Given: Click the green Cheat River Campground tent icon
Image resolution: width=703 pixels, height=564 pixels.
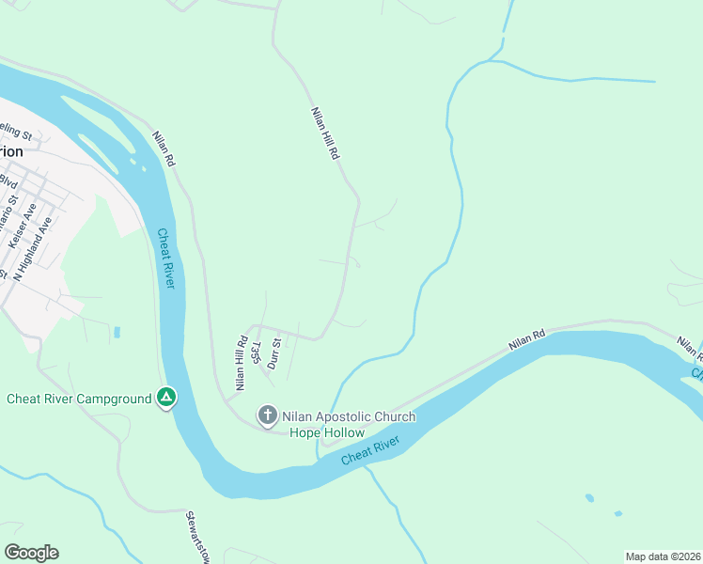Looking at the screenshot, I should [x=166, y=399].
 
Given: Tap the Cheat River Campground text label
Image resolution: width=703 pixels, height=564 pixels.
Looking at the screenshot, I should [x=79, y=399].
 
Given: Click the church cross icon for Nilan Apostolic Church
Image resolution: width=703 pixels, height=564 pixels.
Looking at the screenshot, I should [x=267, y=415].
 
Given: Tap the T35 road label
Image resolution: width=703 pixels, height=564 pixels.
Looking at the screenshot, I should [x=254, y=351].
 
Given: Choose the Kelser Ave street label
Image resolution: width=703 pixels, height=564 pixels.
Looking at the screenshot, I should [x=21, y=227].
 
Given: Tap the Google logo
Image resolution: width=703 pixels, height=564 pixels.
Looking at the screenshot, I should [x=31, y=553].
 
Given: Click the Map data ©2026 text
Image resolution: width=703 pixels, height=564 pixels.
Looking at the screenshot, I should [x=663, y=556].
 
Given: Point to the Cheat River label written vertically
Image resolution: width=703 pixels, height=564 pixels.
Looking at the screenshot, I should [x=165, y=258].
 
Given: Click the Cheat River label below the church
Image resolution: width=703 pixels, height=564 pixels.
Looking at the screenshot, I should [x=370, y=448].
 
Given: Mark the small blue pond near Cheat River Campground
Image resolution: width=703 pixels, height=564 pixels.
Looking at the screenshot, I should [x=117, y=332].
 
